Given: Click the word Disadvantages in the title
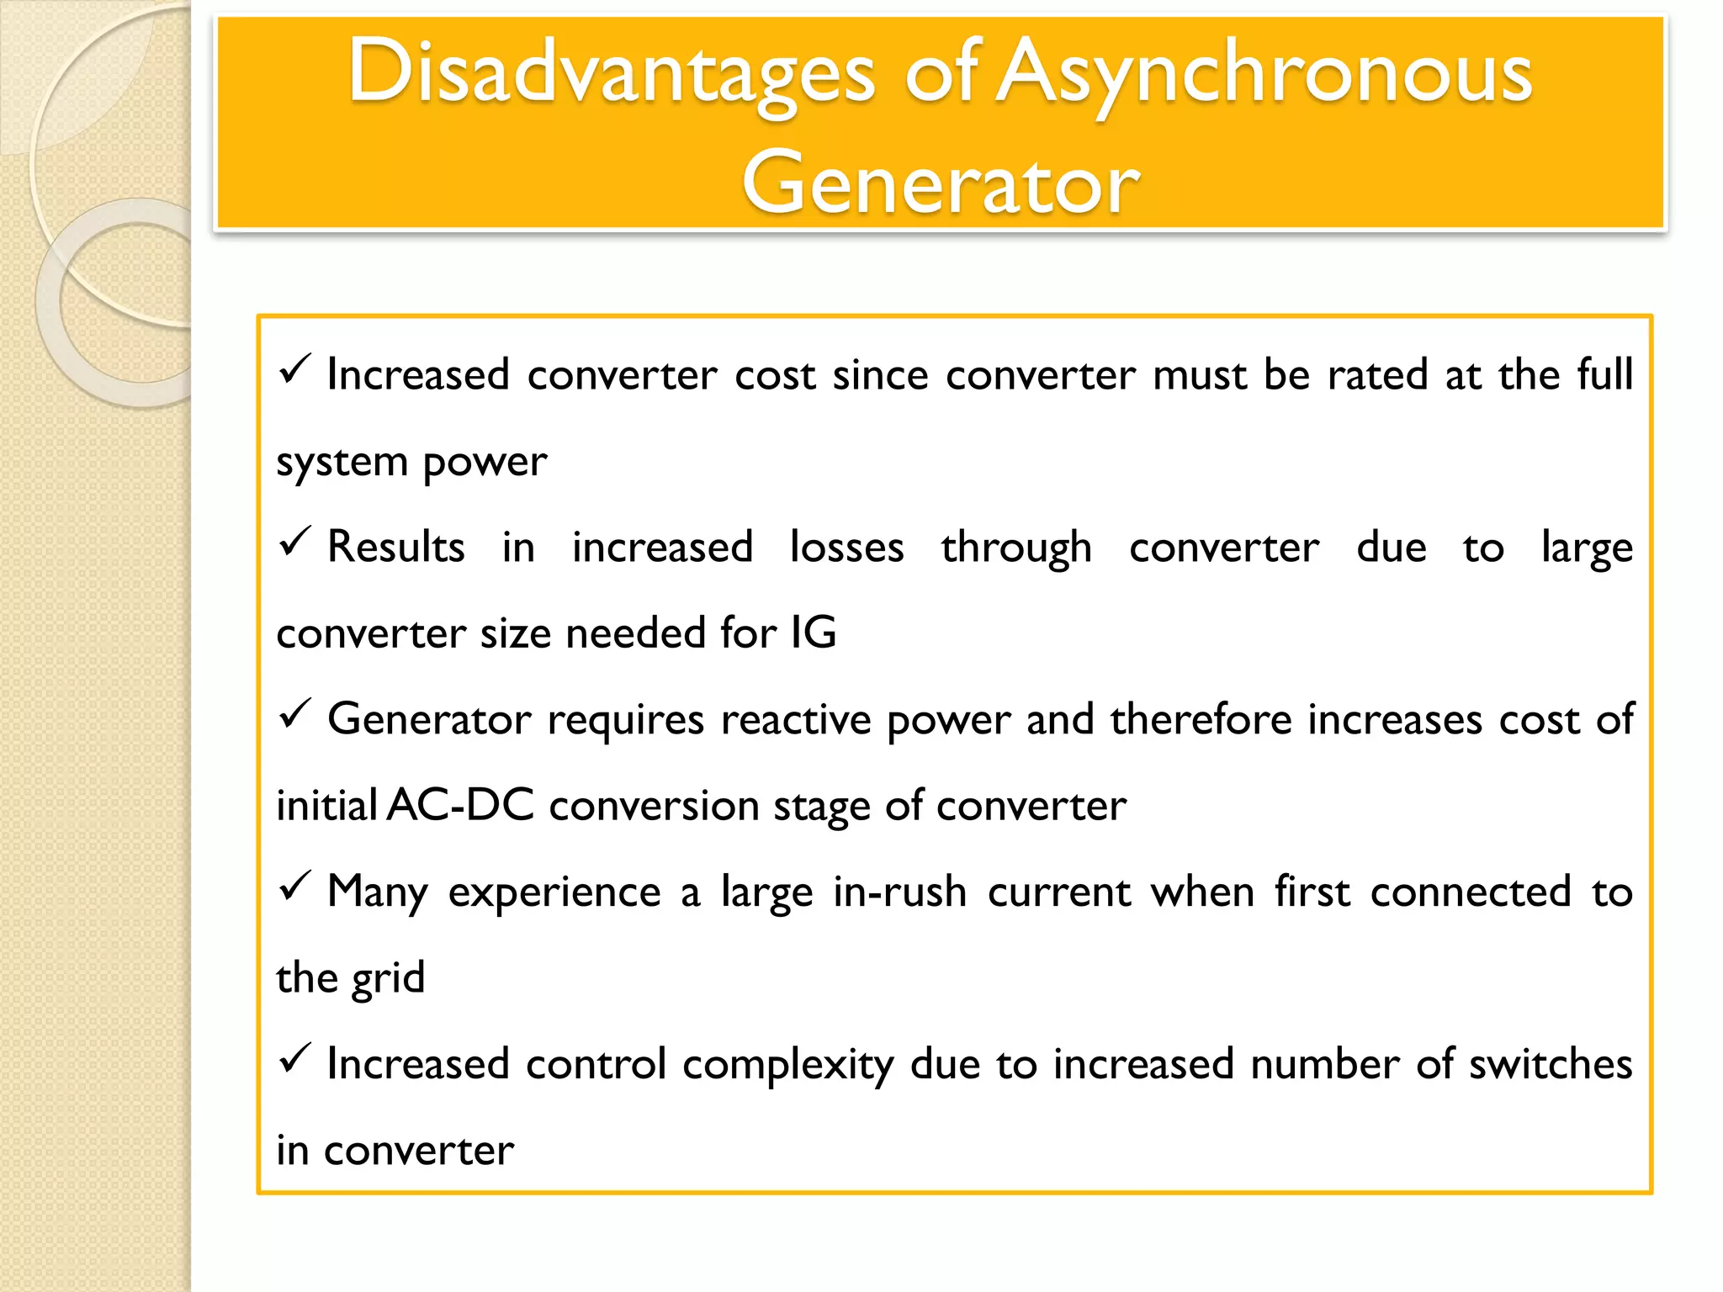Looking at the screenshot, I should pos(612,74).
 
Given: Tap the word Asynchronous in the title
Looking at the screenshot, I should pos(1264,74).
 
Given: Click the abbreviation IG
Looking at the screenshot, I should pos(813,633).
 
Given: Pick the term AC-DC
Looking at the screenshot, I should pos(461,805).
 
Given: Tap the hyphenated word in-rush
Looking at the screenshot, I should pos(899,892).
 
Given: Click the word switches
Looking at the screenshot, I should pos(1550,1064).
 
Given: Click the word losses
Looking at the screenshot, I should pos(846,548).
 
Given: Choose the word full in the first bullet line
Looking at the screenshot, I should pos(1604,374).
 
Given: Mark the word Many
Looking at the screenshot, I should pos(377,893).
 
